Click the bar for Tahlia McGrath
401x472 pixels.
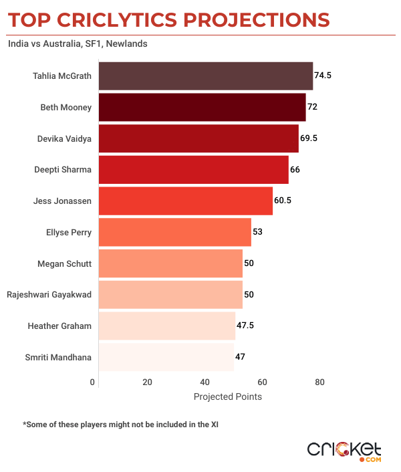click(x=206, y=76)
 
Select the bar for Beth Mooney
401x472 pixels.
click(x=202, y=107)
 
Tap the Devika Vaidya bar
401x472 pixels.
click(x=198, y=138)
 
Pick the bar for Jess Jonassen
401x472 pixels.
click(x=186, y=201)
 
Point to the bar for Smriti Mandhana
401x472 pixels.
click(x=166, y=356)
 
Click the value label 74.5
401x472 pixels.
click(x=323, y=76)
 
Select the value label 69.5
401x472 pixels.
click(x=309, y=138)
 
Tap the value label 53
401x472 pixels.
click(x=257, y=232)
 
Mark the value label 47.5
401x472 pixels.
click(x=246, y=326)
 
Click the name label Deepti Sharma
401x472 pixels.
click(x=63, y=170)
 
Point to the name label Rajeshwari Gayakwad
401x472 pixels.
click(x=49, y=294)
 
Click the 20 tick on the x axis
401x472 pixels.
click(x=148, y=382)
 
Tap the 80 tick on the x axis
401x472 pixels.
click(x=320, y=382)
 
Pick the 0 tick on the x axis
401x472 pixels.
click(x=92, y=382)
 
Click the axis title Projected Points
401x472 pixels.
click(x=228, y=396)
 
